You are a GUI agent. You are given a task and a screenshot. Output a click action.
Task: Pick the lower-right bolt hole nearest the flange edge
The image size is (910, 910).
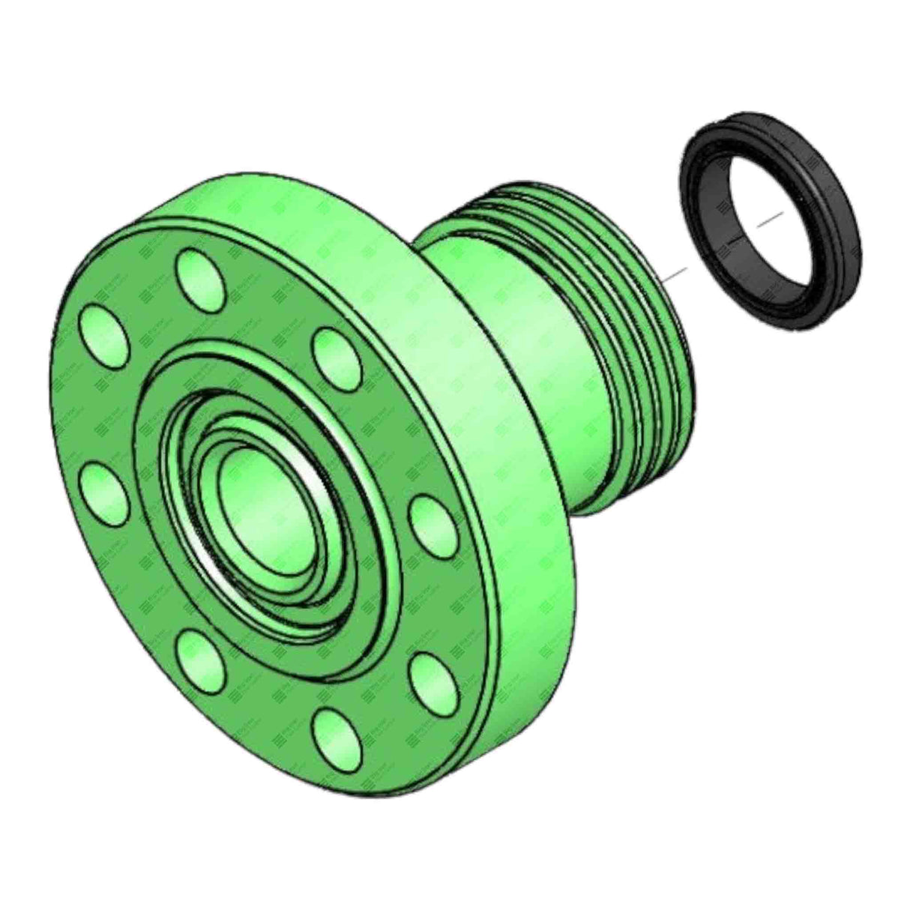click(434, 678)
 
